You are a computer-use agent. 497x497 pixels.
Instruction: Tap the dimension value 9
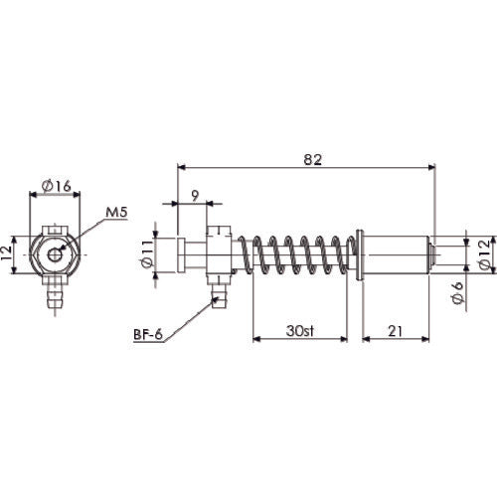point(194,195)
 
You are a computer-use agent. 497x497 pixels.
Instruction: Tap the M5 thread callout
point(115,212)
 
